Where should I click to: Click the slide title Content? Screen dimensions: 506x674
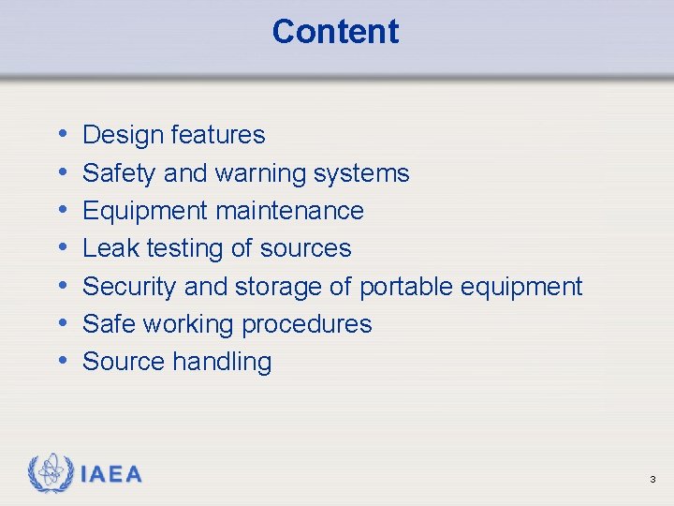pyautogui.click(x=335, y=32)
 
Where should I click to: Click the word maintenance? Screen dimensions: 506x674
pyautogui.click(x=289, y=211)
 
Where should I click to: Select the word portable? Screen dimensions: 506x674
pyautogui.click(x=403, y=287)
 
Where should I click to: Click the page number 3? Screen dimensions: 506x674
pyautogui.click(x=652, y=480)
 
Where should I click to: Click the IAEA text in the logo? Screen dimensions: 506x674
pyautogui.click(x=111, y=475)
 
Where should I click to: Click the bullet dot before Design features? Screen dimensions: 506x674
pyautogui.click(x=61, y=135)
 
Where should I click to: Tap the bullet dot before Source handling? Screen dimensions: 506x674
pyautogui.click(x=61, y=362)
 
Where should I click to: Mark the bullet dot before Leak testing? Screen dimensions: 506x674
pyautogui.click(x=61, y=248)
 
